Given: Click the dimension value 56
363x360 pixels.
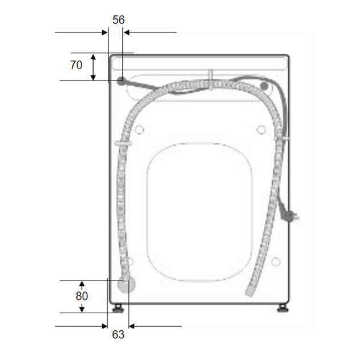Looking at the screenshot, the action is (119, 20).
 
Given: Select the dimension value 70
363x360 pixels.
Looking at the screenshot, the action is (76, 65).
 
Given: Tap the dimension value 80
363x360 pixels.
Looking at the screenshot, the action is (82, 296).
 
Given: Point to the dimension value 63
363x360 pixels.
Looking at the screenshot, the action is (118, 334).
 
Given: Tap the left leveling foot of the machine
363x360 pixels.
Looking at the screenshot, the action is (118, 309).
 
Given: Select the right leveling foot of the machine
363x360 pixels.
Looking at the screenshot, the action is (283, 309).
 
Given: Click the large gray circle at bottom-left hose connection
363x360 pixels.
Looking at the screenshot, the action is (126, 284).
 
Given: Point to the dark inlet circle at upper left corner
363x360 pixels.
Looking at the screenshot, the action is (120, 81).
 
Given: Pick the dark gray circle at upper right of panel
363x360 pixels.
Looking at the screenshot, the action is (264, 86).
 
